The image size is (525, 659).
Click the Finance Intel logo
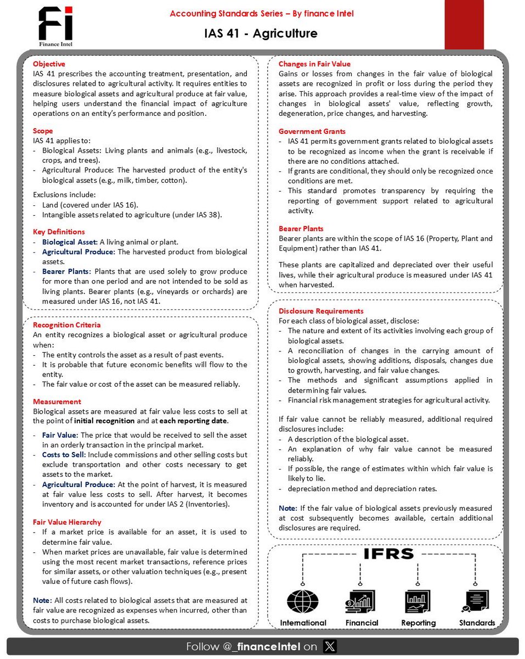[x=55, y=26]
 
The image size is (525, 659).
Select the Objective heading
[x=49, y=64]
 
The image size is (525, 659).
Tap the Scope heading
[x=43, y=131]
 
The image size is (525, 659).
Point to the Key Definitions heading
[x=59, y=232]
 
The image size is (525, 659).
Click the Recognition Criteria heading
[x=66, y=325]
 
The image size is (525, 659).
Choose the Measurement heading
[x=57, y=401]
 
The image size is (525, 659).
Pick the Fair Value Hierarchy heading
[x=67, y=522]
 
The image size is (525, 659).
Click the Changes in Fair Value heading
[x=314, y=64]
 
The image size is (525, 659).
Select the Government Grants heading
[x=312, y=131]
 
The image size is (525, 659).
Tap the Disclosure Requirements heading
[x=320, y=311]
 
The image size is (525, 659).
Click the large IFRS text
[x=388, y=554]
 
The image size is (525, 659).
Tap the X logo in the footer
[x=330, y=646]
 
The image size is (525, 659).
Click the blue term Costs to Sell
[x=63, y=455]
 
